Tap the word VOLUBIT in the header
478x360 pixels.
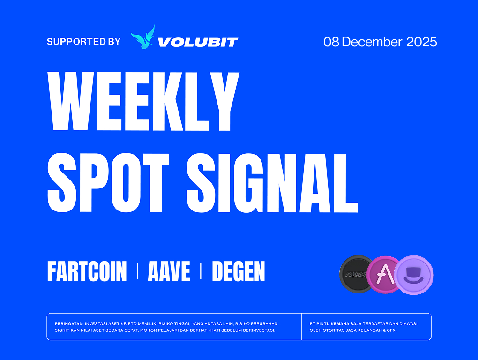(198, 42)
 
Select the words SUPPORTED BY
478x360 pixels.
(83, 41)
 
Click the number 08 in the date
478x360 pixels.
(331, 42)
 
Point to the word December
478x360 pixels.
(372, 42)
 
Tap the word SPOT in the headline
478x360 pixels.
(108, 183)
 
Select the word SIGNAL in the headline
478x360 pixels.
(272, 183)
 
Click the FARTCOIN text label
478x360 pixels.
(87, 271)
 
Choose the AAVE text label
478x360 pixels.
(169, 271)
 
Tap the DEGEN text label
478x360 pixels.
(239, 271)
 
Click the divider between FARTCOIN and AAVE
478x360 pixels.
(137, 271)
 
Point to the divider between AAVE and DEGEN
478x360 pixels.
(201, 271)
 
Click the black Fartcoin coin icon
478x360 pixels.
(357, 274)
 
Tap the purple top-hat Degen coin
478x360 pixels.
(414, 275)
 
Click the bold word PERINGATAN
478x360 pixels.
(69, 324)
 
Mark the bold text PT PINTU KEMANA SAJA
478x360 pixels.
(336, 324)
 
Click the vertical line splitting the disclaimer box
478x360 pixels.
(301, 326)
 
